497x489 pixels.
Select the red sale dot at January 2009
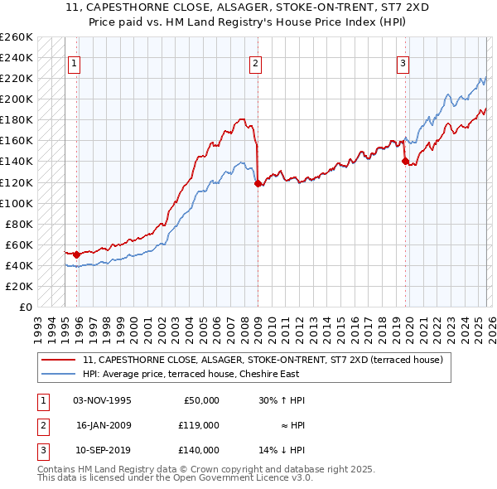coord(258,183)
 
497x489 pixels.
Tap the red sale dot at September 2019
coord(405,162)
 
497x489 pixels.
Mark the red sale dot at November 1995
coord(76,254)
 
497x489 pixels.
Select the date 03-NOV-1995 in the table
coord(102,400)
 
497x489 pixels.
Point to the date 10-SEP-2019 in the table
coord(102,450)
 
